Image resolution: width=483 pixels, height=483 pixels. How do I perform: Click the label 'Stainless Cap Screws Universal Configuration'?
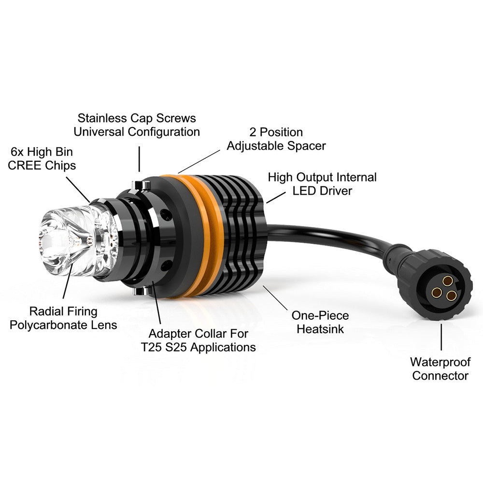(137, 125)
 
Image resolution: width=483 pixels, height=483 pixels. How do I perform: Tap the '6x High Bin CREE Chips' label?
(42, 158)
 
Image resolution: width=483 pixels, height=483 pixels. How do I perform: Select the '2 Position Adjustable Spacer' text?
(276, 139)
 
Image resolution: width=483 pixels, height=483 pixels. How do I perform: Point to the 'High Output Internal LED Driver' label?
(322, 184)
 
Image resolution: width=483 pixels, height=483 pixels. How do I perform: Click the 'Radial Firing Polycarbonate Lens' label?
(63, 318)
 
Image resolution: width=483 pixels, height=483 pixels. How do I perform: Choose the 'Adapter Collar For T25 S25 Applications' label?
(199, 341)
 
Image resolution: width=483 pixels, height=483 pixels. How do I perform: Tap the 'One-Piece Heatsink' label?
(320, 322)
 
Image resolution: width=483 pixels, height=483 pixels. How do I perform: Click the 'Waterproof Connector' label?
(440, 369)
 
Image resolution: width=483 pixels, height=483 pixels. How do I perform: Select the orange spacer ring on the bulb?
(200, 236)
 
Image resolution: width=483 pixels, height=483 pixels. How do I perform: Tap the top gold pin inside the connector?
(447, 281)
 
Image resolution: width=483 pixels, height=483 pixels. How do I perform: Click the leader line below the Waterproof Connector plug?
(441, 337)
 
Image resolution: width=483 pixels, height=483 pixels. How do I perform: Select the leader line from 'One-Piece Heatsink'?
(275, 298)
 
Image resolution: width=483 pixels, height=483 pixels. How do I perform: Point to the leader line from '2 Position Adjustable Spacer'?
(199, 162)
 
